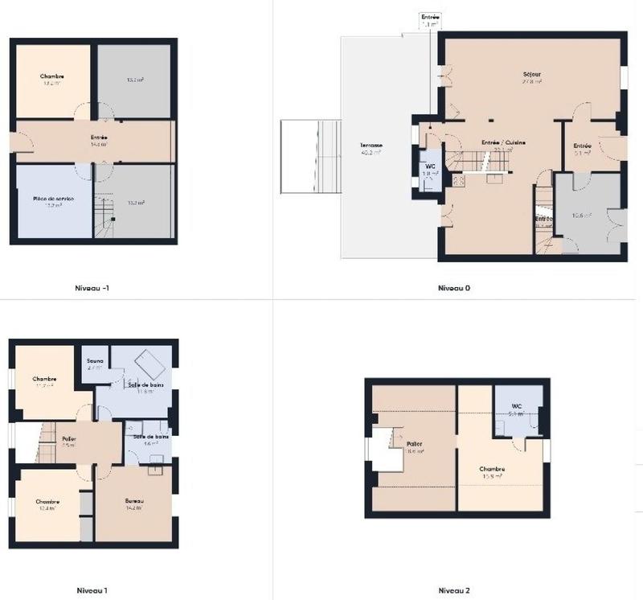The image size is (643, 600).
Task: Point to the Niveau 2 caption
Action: (x=453, y=590)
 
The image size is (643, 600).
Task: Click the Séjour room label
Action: (x=532, y=75)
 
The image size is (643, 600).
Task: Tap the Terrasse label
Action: (x=371, y=145)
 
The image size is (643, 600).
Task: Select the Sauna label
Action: (x=95, y=362)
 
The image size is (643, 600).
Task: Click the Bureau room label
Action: (x=133, y=500)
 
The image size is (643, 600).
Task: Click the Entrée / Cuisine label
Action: (x=503, y=142)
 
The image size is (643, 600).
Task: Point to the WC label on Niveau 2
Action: (x=516, y=406)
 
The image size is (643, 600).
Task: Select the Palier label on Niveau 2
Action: (x=416, y=444)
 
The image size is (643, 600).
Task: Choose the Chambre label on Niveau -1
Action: (x=51, y=77)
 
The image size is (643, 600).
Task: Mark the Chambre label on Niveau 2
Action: (x=492, y=469)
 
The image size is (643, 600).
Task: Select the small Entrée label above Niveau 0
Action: (x=431, y=16)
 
